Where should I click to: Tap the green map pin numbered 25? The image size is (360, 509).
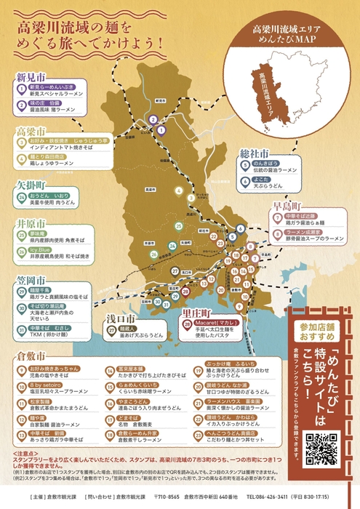179,226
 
